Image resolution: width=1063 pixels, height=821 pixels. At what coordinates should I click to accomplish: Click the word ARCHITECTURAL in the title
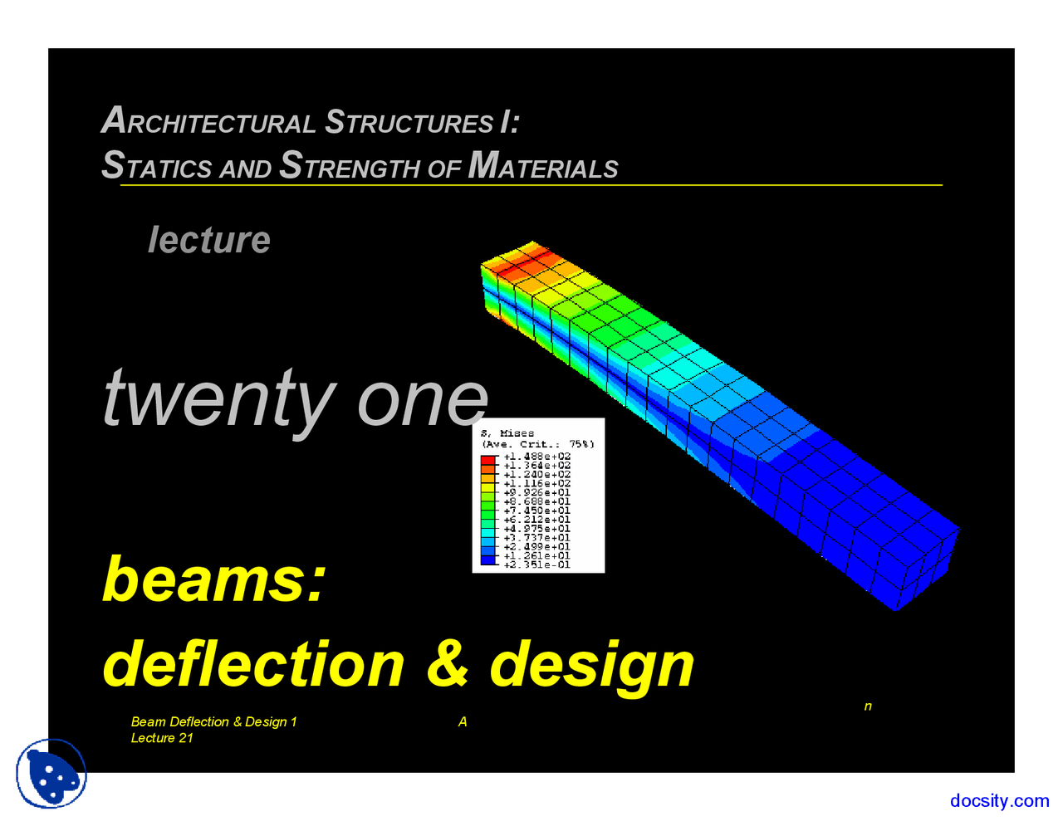tap(208, 122)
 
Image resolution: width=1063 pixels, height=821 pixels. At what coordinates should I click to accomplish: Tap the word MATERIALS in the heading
tap(543, 166)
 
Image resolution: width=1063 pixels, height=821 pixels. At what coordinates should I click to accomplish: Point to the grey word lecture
tap(209, 240)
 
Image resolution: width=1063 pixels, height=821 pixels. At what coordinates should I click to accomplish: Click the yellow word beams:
tap(213, 579)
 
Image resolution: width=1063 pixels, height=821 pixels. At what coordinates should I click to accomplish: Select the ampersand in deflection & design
tap(448, 664)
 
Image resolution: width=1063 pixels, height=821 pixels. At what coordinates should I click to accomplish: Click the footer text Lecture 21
tap(162, 738)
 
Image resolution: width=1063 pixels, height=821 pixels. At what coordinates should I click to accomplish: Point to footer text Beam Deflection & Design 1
tap(213, 721)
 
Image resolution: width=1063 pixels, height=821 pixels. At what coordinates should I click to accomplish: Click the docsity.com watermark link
tap(999, 800)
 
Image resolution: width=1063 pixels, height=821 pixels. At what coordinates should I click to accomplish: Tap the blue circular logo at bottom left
tap(51, 774)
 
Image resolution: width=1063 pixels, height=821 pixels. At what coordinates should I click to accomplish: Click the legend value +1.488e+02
tap(536, 457)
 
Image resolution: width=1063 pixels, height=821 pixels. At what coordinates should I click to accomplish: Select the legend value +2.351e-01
tap(536, 564)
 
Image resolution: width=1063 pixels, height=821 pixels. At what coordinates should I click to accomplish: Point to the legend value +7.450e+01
tap(536, 511)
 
